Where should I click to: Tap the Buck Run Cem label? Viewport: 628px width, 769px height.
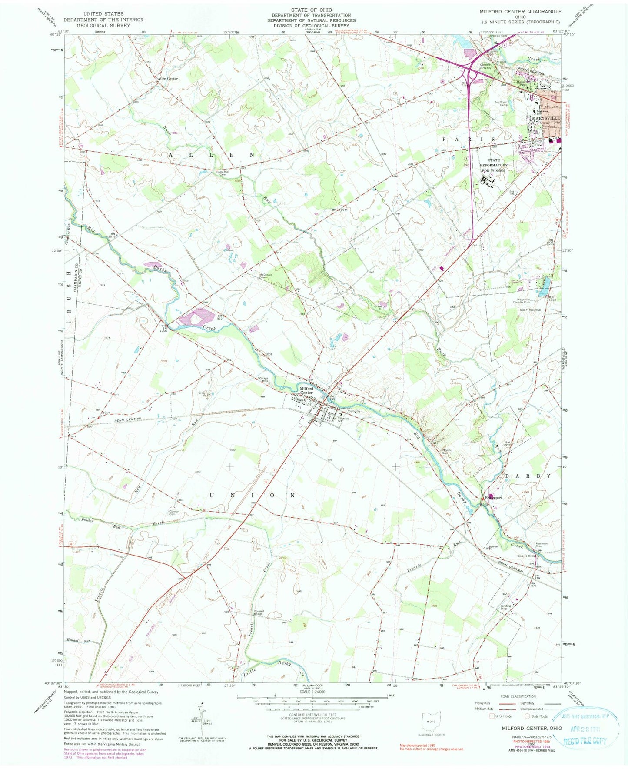223,173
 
